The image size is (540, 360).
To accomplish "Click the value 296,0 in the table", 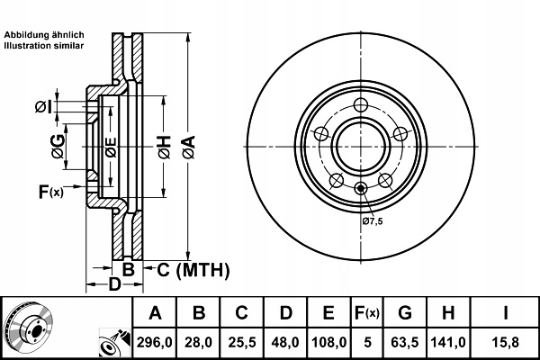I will tap(155, 342).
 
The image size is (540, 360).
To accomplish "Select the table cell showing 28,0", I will tap(199, 342).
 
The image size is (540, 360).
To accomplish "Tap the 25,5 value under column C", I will tap(241, 342).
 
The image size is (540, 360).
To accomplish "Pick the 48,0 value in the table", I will tap(284, 342).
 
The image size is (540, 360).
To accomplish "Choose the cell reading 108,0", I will tap(329, 342).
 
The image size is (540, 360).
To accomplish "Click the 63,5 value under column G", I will tap(404, 342).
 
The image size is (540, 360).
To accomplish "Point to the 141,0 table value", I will tap(447, 342).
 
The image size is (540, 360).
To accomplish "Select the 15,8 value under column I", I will tap(505, 342).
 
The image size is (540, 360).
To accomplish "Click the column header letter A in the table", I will tap(155, 314).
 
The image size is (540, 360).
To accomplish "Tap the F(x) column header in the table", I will tap(368, 314).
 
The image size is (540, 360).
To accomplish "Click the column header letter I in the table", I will tap(505, 314).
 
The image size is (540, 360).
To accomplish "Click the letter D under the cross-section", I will tap(114, 284).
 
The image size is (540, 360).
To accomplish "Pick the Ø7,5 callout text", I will tap(373, 221).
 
